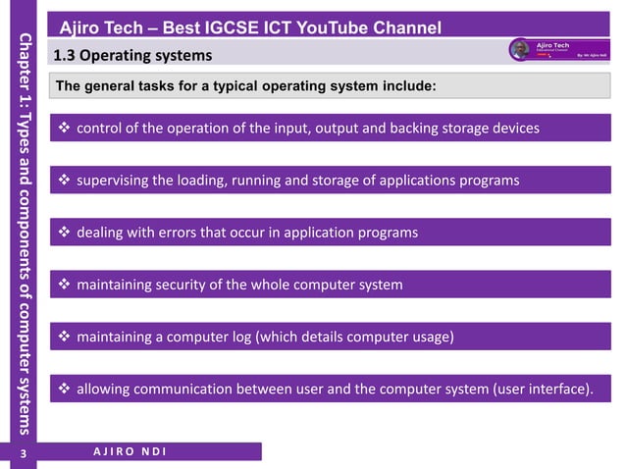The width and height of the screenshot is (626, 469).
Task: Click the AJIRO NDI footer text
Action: (x=130, y=451)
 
